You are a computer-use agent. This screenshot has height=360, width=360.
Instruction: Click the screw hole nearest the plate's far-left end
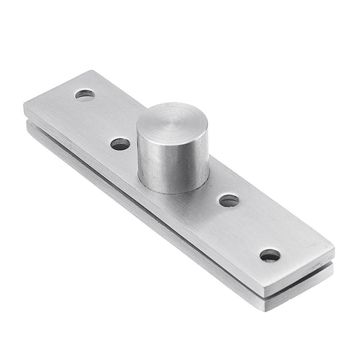click(x=85, y=94)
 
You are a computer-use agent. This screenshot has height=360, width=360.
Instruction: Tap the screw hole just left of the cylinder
click(x=120, y=144)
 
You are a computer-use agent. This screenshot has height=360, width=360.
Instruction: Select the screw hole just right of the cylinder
click(x=229, y=200)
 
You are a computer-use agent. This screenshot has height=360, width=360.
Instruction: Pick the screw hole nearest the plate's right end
click(x=270, y=255)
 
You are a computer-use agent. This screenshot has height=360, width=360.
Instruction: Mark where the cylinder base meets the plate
click(x=174, y=191)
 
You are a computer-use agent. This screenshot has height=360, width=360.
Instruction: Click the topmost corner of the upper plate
click(x=93, y=71)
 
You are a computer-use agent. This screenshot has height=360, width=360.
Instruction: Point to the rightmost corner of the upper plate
click(x=334, y=247)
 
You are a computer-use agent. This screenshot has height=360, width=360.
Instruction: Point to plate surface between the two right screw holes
click(x=250, y=228)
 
